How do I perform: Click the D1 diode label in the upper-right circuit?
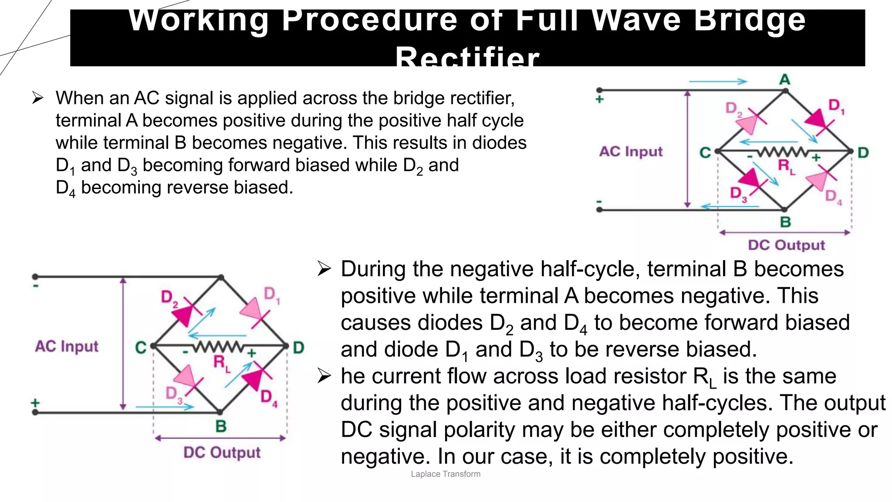(836, 106)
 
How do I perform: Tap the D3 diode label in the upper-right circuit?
(738, 194)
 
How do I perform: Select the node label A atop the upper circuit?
(784, 80)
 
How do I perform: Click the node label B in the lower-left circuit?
(221, 426)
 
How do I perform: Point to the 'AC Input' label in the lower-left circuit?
(67, 346)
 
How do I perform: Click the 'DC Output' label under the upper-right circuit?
(786, 245)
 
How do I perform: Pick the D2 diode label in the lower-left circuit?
(169, 298)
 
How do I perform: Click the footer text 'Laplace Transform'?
(445, 474)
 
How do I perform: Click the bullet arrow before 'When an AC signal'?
(37, 98)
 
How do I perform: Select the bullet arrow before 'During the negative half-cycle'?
(324, 269)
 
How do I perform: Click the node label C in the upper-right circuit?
(705, 153)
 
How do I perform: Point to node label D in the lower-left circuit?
(298, 348)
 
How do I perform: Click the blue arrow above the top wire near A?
(718, 81)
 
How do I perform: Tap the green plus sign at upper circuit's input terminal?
(600, 99)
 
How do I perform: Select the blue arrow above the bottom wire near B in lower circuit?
(165, 407)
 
